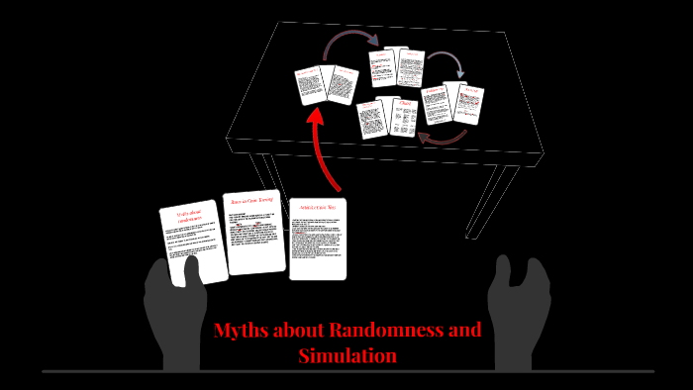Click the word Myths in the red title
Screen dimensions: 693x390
pyautogui.click(x=241, y=331)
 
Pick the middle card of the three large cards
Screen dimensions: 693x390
pyautogui.click(x=254, y=232)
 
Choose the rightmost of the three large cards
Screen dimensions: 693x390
pyautogui.click(x=318, y=239)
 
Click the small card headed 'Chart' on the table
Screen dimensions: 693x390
pyautogui.click(x=404, y=118)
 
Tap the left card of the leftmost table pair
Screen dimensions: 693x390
pyautogui.click(x=310, y=85)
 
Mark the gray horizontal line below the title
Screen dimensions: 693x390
pyautogui.click(x=347, y=372)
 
